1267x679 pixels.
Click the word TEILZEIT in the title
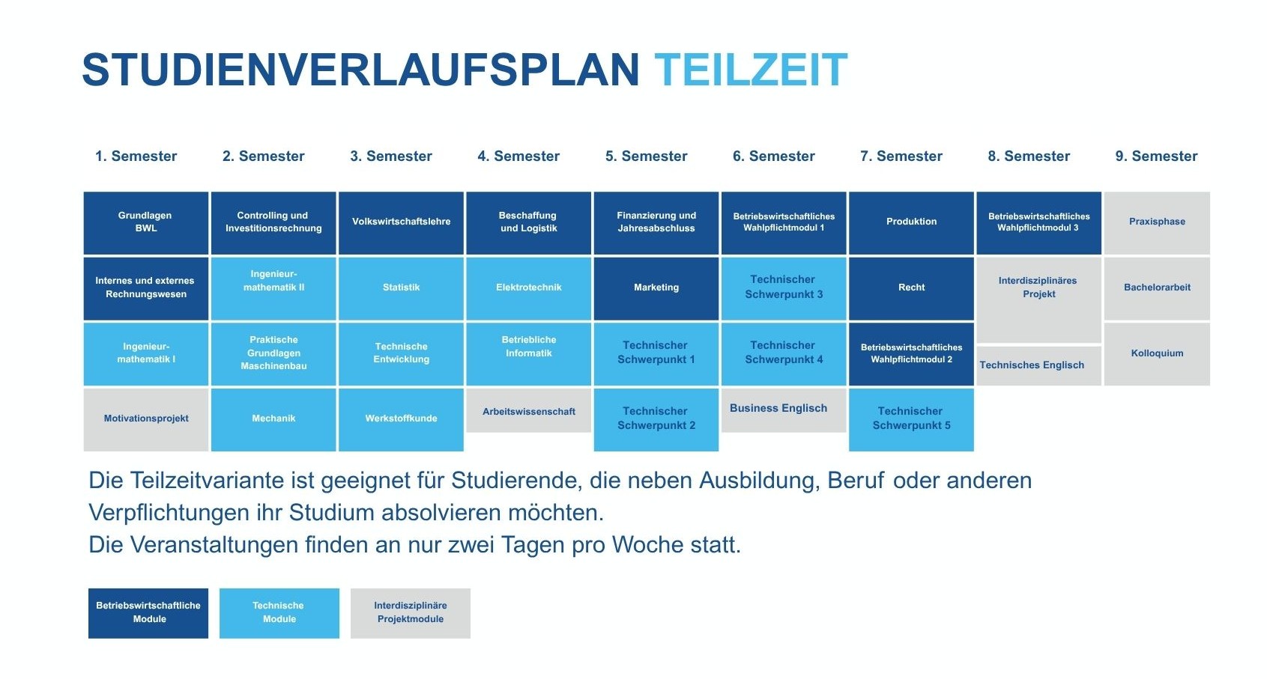(x=751, y=70)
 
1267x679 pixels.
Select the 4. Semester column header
(x=518, y=156)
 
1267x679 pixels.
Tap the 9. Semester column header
(x=1156, y=156)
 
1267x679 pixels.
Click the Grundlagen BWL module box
(x=146, y=223)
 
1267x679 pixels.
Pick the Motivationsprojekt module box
(x=146, y=419)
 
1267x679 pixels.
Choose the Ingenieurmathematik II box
(x=273, y=288)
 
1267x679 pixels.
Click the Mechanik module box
(x=273, y=419)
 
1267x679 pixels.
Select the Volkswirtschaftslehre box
(x=401, y=223)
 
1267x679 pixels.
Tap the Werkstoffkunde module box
(x=401, y=419)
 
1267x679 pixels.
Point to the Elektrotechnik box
(x=529, y=288)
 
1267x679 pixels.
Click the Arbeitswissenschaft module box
(x=529, y=410)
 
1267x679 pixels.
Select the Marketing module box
(x=656, y=288)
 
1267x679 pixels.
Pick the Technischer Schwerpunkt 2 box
(x=656, y=419)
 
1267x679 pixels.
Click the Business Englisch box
(x=784, y=410)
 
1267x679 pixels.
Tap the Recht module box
(x=911, y=288)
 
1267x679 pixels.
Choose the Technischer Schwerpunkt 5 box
(x=911, y=419)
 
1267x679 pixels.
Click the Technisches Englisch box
(x=1039, y=366)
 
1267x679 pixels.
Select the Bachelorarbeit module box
(x=1157, y=288)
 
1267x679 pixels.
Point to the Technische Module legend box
(x=279, y=613)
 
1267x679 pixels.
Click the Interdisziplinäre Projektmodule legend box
(x=411, y=613)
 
